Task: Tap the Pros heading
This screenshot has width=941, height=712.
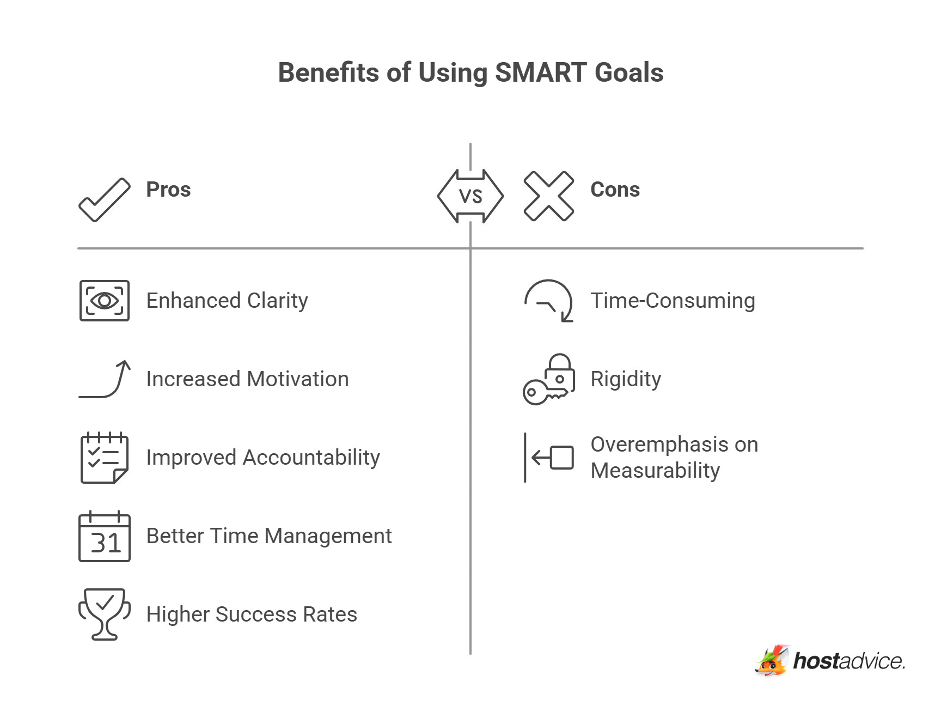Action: [168, 190]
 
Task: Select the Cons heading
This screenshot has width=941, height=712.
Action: [615, 190]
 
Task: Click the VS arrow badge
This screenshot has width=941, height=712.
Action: [471, 196]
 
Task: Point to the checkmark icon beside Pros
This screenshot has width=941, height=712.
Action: [105, 199]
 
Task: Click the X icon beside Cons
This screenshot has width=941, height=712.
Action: [548, 196]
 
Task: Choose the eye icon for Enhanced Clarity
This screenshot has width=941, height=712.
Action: [105, 301]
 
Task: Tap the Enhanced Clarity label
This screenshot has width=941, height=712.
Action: [227, 301]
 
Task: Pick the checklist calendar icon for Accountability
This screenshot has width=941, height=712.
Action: [105, 458]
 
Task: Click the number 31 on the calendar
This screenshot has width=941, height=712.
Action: [105, 543]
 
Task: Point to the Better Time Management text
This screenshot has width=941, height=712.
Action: [269, 536]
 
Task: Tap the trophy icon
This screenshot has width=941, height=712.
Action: [105, 613]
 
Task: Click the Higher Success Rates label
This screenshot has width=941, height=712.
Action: [252, 614]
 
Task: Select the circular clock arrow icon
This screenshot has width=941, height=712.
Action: [549, 301]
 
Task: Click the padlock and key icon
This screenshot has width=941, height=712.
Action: [549, 380]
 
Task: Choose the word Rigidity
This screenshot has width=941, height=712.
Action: [626, 379]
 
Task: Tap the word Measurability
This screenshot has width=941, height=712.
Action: [655, 471]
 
